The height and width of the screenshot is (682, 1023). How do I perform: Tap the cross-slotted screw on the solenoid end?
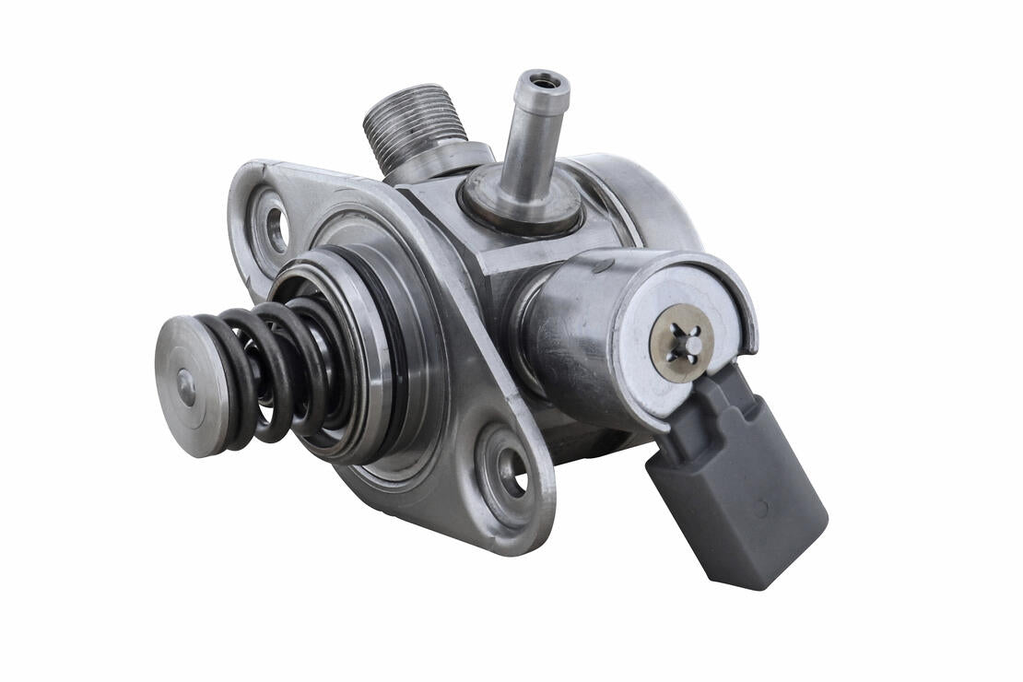(x=681, y=343)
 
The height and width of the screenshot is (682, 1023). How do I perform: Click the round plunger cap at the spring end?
(x=188, y=387)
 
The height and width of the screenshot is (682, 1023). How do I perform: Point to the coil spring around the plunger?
(x=267, y=369)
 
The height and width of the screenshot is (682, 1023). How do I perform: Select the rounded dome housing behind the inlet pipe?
(x=636, y=198)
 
